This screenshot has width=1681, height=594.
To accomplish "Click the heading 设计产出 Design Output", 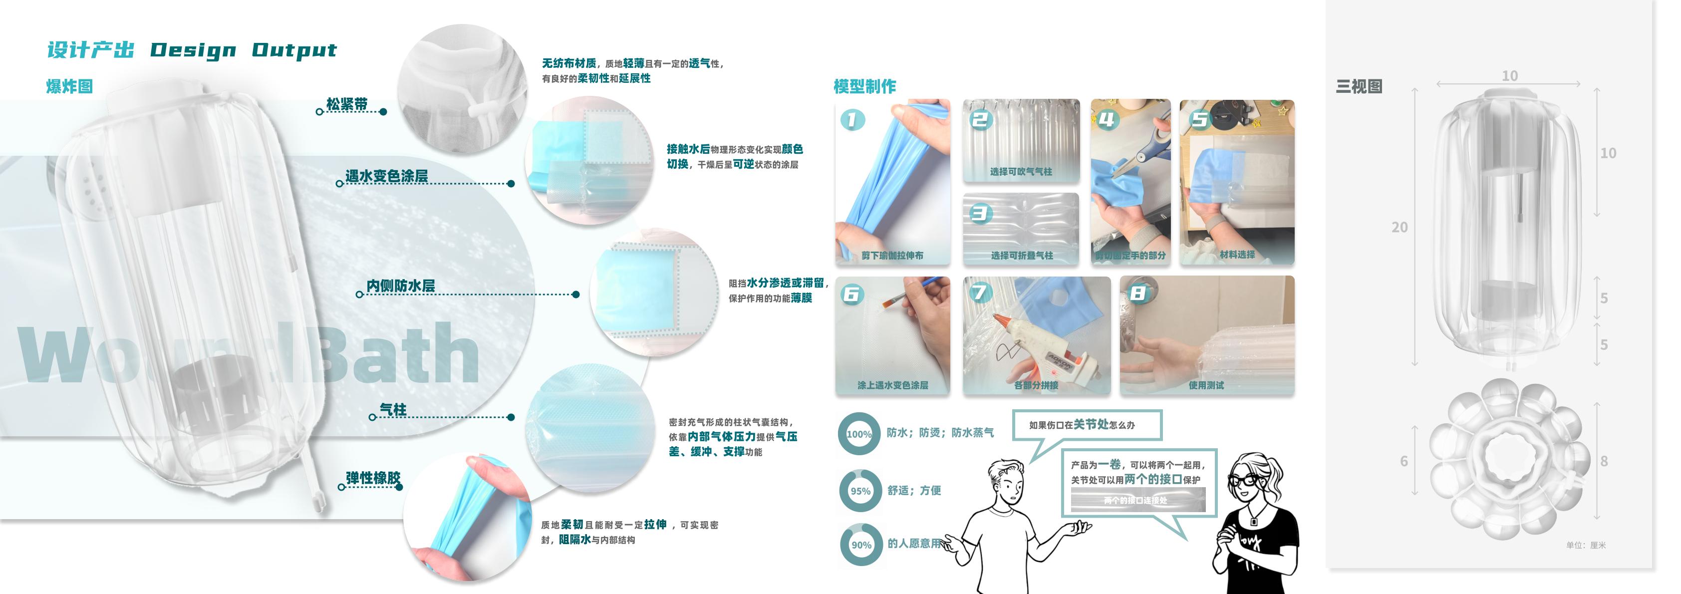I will pyautogui.click(x=191, y=50).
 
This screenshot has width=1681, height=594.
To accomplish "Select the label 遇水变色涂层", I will pyautogui.click(x=386, y=176).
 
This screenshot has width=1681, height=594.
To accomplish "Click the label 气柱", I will pyautogui.click(x=393, y=409).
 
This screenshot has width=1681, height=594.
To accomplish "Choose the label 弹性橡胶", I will pyautogui.click(x=373, y=478).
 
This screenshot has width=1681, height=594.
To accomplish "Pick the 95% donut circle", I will pyautogui.click(x=860, y=491).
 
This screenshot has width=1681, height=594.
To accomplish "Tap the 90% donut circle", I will pyautogui.click(x=861, y=545).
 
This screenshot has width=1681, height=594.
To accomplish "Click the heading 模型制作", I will pyautogui.click(x=864, y=86).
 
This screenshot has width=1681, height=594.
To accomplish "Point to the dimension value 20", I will pyautogui.click(x=1399, y=227).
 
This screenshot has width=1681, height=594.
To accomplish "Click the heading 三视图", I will pyautogui.click(x=1359, y=86).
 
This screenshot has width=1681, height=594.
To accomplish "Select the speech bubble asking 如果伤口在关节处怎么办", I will pyautogui.click(x=1087, y=425).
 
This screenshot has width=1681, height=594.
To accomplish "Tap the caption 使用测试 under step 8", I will pyautogui.click(x=1205, y=385).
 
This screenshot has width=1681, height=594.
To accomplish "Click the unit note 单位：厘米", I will pyautogui.click(x=1585, y=545).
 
